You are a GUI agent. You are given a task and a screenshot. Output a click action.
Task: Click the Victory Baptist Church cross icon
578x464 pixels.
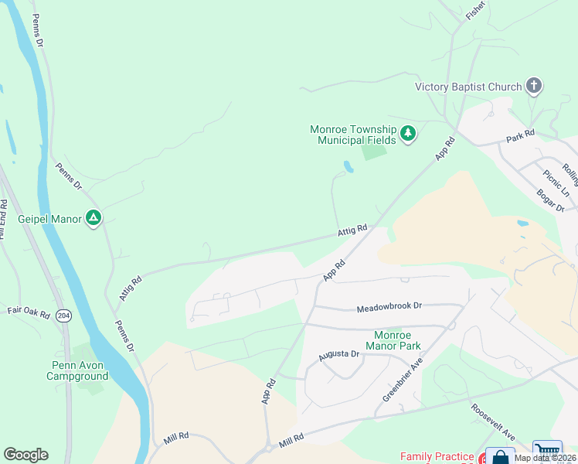click(x=534, y=86)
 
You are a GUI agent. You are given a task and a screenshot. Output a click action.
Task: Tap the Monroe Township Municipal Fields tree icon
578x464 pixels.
click(x=408, y=134)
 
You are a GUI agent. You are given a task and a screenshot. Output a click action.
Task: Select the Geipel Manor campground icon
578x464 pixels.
click(x=93, y=219)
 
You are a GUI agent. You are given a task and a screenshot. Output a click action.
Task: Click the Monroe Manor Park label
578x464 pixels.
click(x=397, y=340)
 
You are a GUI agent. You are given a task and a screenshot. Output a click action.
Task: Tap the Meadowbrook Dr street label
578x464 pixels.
click(x=389, y=306)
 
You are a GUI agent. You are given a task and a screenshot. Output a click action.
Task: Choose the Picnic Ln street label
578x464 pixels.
click(x=556, y=183)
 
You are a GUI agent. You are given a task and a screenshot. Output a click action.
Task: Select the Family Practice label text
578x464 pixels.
click(x=437, y=457)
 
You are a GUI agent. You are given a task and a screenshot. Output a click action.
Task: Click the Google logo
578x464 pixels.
click(x=25, y=455)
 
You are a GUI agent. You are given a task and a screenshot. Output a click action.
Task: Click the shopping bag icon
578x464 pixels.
click(x=500, y=457)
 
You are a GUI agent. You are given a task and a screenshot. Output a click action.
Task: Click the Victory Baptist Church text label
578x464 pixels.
click(x=468, y=87)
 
